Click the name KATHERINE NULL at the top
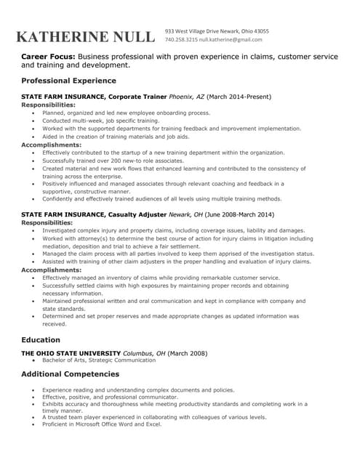(85, 37)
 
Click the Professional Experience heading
(68, 81)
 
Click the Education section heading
(41, 340)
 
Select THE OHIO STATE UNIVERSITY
(71, 353)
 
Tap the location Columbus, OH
(145, 353)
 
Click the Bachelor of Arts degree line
(99, 360)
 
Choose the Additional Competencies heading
(70, 374)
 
